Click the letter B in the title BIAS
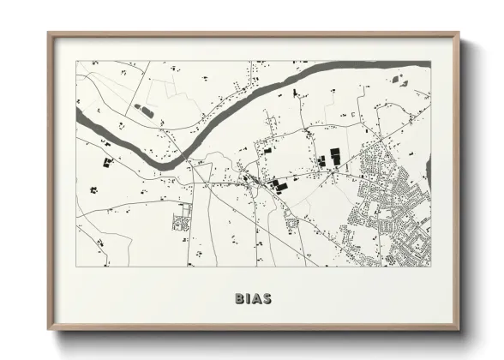point(239,299)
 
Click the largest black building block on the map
point(335,155)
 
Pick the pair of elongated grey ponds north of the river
point(143,111)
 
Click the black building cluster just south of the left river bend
point(107,161)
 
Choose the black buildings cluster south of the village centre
point(279,183)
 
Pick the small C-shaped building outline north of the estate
point(353,114)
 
